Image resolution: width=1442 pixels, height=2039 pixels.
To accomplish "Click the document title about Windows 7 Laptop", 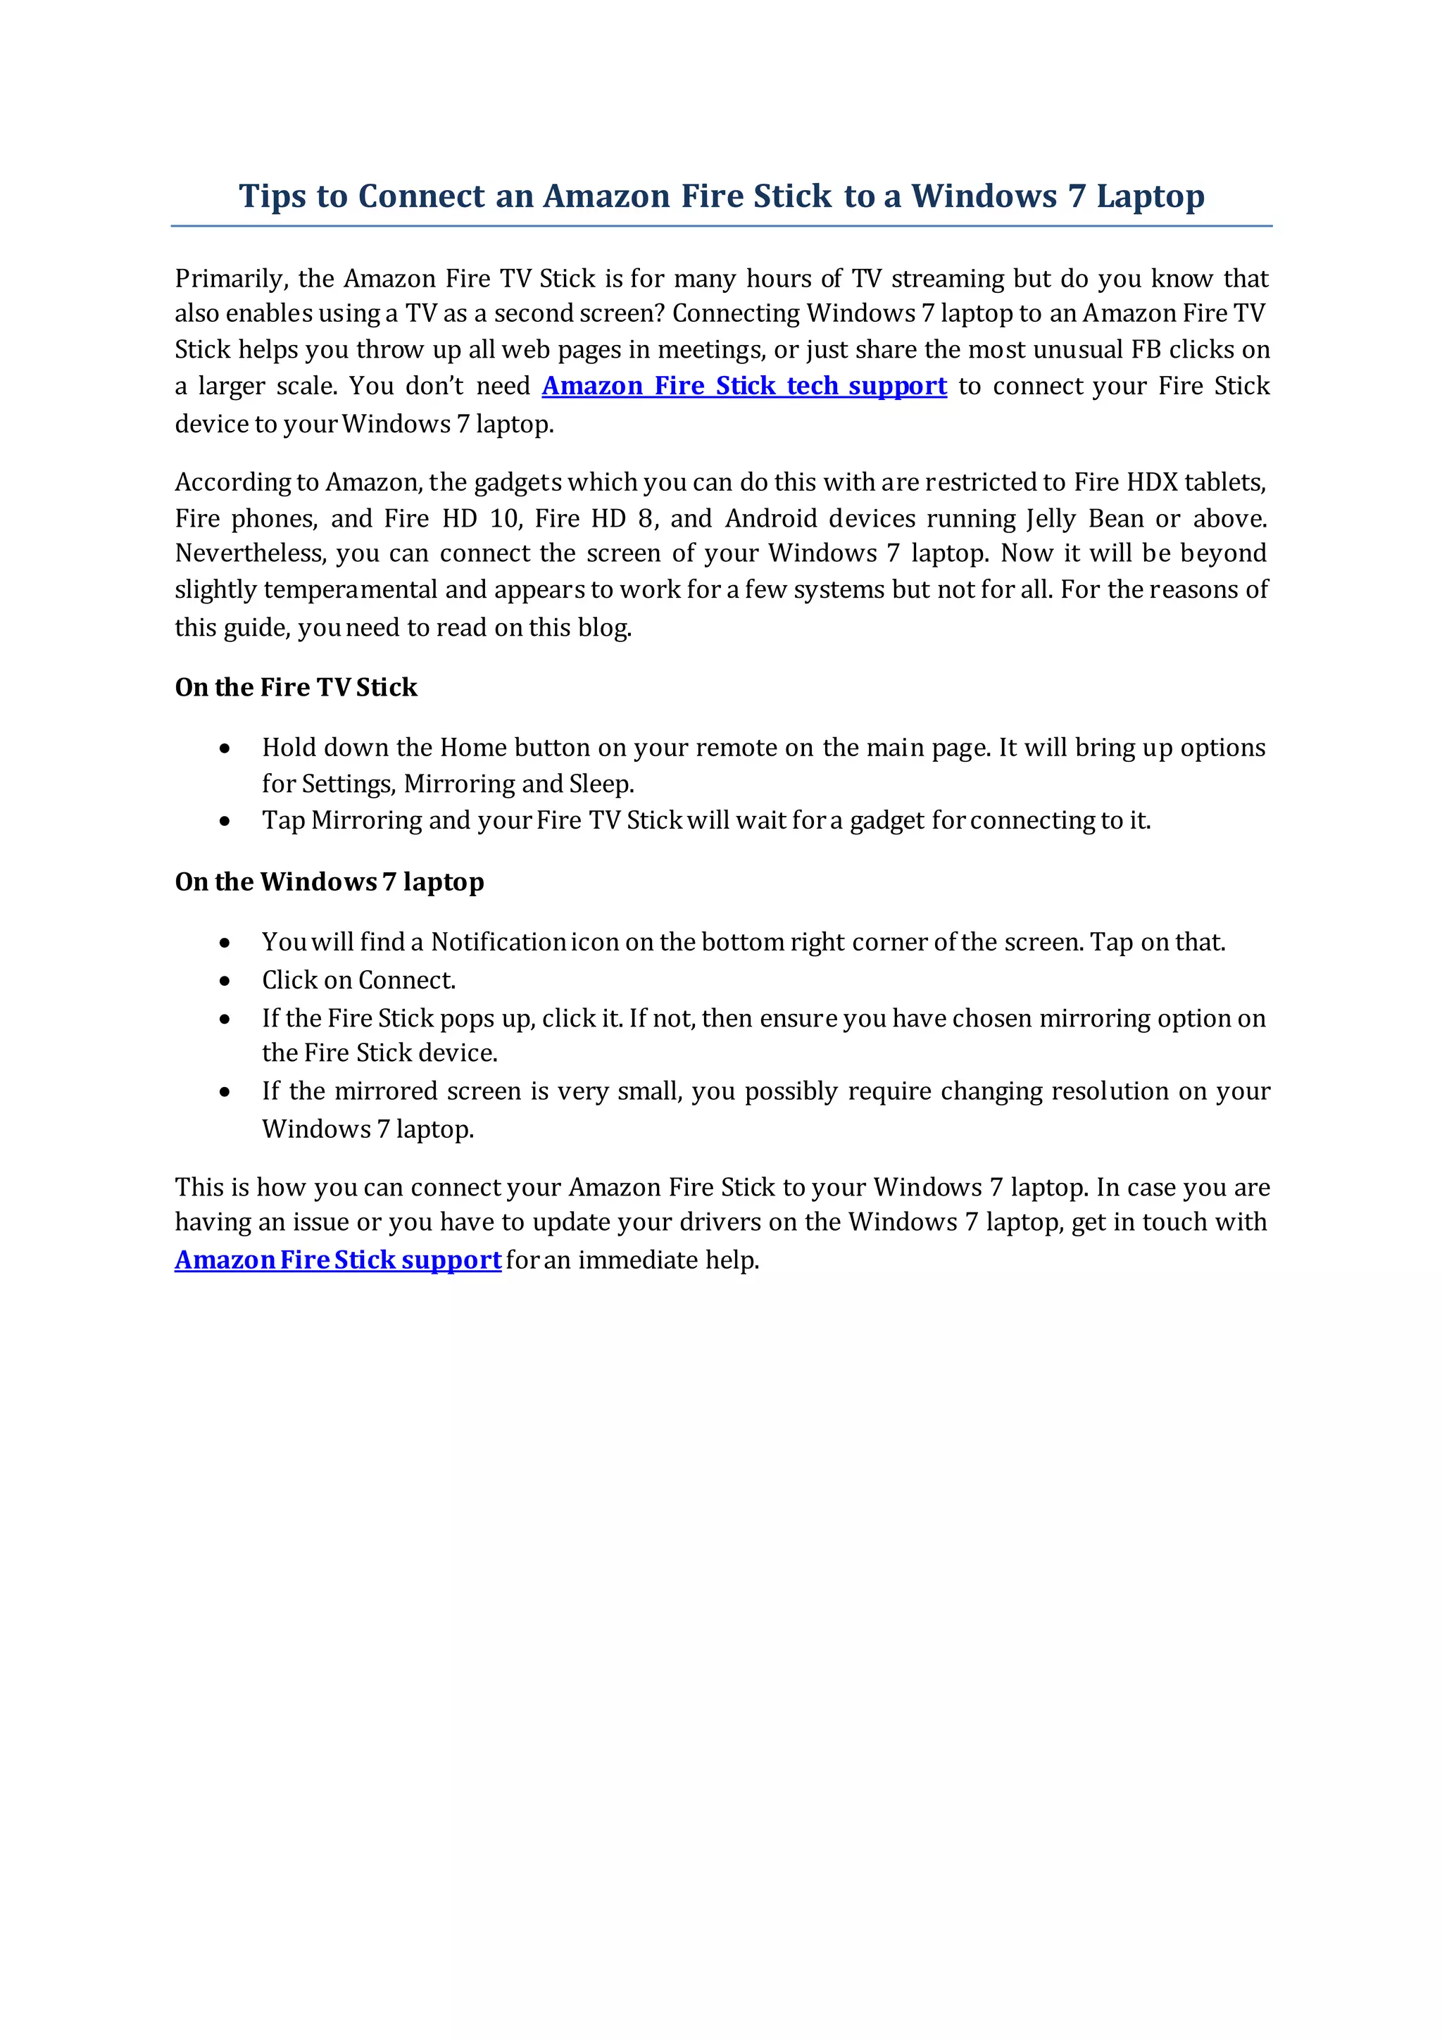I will tap(721, 196).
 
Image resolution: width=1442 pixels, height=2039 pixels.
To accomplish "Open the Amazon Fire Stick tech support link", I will tap(744, 387).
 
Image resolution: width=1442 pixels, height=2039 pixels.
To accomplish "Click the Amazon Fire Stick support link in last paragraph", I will tap(337, 1260).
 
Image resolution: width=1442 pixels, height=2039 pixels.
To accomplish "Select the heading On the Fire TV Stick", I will tap(296, 687).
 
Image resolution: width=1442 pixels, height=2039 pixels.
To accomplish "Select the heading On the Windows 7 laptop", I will tap(330, 882).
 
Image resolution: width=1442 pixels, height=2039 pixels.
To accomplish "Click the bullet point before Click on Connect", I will tap(225, 981).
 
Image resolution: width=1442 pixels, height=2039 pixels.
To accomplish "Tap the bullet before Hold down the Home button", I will tap(225, 748).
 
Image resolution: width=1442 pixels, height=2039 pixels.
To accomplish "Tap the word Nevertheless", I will tap(251, 553).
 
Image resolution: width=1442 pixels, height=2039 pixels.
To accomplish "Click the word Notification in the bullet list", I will tap(498, 942).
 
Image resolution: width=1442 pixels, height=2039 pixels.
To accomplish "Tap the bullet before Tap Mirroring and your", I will tap(225, 822).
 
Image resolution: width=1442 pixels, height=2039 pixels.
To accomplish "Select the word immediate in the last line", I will tap(637, 1260).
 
